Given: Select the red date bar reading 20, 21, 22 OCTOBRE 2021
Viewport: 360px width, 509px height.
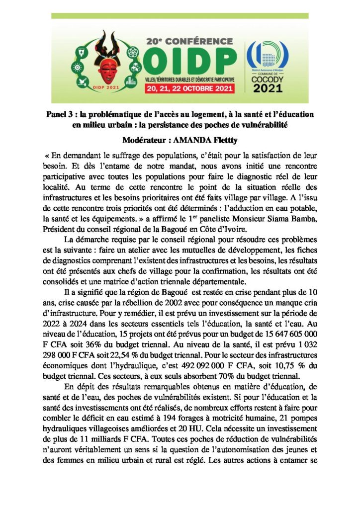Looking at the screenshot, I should click(x=191, y=89).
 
